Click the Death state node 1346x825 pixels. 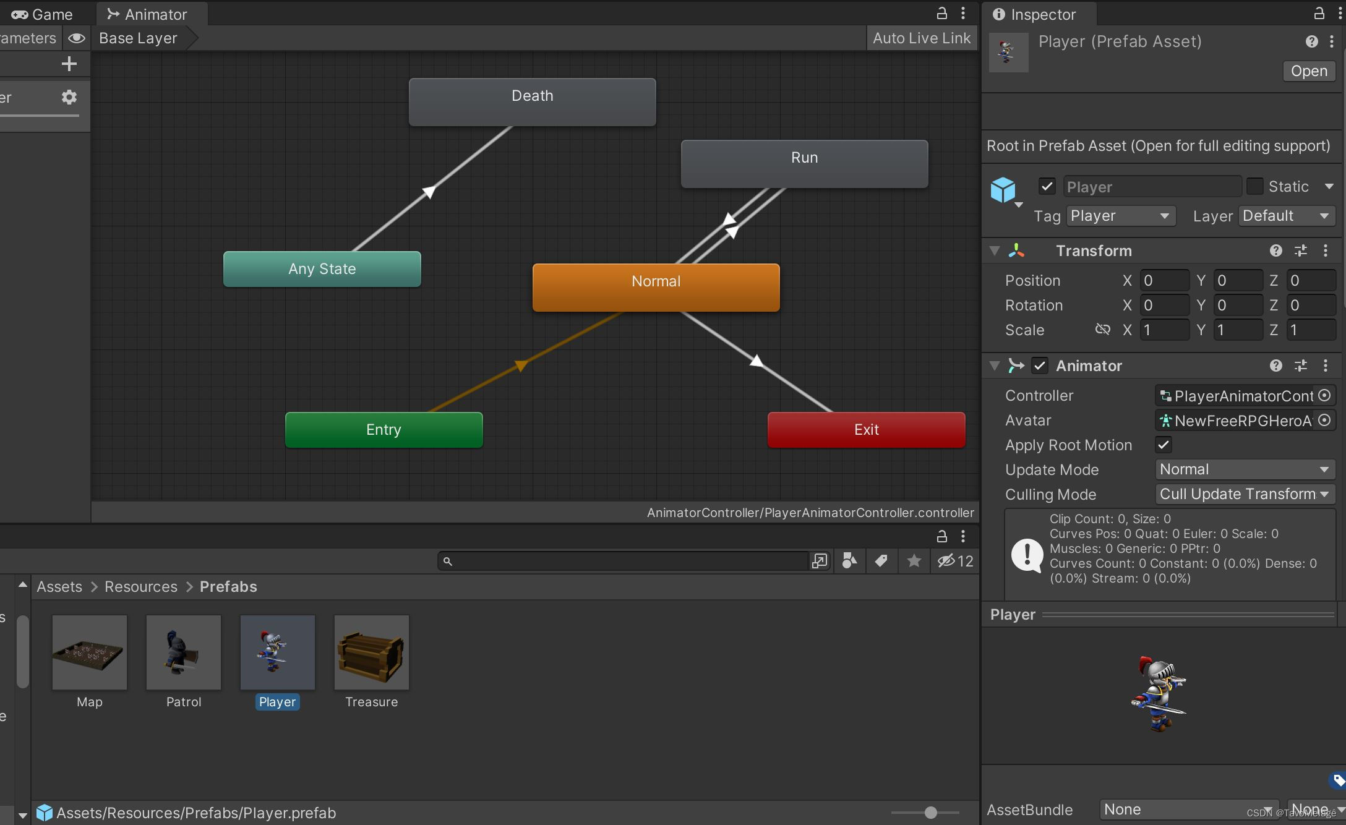(x=532, y=102)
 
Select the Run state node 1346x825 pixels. (x=804, y=164)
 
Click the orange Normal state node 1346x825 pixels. (x=656, y=288)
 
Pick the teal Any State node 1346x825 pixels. (x=322, y=269)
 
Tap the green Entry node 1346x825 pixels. (x=384, y=430)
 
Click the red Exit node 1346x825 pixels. (x=866, y=430)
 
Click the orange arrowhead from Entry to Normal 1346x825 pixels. (x=521, y=365)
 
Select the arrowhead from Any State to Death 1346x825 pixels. (x=428, y=192)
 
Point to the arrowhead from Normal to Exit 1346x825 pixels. (x=756, y=361)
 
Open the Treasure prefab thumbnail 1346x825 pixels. (x=371, y=652)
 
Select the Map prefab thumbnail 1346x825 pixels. (x=90, y=652)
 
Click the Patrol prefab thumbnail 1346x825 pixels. (x=184, y=652)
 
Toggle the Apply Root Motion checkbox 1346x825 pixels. (x=1164, y=445)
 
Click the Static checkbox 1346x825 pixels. (x=1254, y=186)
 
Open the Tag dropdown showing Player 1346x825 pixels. (x=1120, y=216)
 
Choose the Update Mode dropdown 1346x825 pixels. (x=1245, y=469)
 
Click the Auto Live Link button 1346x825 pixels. (x=921, y=38)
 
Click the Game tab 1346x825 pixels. (x=43, y=14)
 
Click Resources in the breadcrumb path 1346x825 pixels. (x=140, y=587)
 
